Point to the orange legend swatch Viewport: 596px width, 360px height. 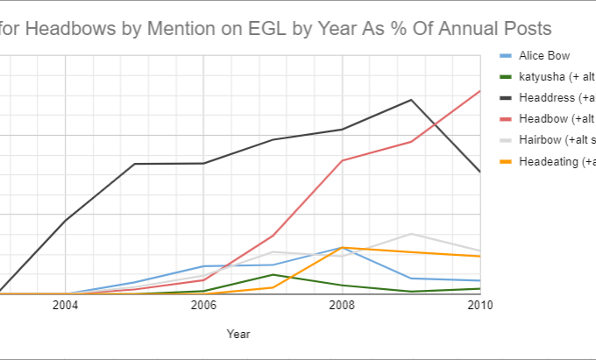click(505, 161)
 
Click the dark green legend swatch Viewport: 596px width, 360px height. click(505, 77)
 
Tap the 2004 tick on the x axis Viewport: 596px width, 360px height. click(65, 305)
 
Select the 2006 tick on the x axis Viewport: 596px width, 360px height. click(203, 305)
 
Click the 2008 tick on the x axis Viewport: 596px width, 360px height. click(342, 305)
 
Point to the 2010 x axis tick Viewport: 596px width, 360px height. click(479, 305)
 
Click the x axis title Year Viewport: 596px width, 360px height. click(238, 334)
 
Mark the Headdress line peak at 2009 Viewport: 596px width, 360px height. click(411, 100)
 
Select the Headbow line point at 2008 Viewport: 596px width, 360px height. click(342, 160)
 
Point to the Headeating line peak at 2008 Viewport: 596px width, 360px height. click(342, 247)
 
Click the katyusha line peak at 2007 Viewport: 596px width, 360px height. click(273, 274)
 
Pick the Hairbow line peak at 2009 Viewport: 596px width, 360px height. click(411, 234)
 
